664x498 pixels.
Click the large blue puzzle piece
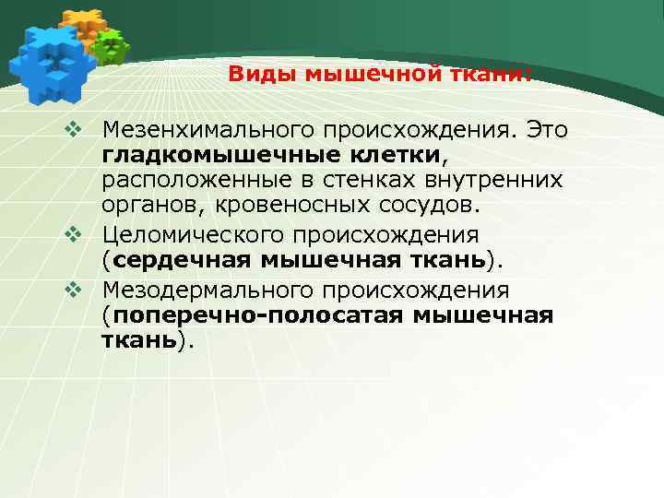coord(52,63)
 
